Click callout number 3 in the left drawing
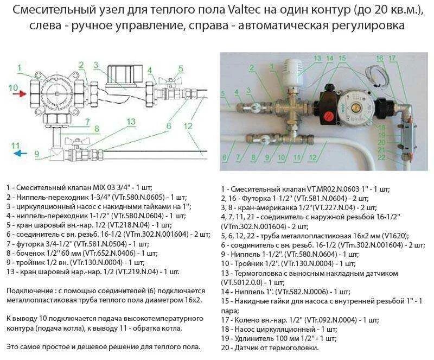click(x=95, y=65)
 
